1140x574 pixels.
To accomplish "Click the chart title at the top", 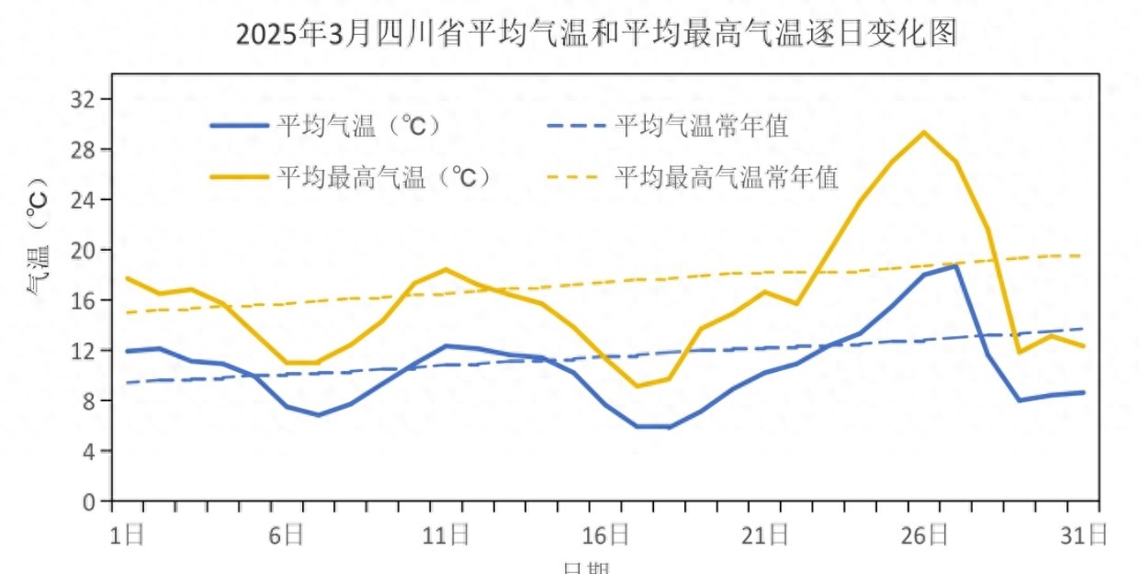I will (x=596, y=34).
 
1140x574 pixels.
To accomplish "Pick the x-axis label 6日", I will (x=287, y=535).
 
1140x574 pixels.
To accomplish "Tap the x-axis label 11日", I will (x=447, y=535).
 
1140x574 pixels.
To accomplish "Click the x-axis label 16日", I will (x=607, y=535).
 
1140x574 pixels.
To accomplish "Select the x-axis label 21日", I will (x=767, y=535).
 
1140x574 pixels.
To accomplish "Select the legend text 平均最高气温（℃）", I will (x=384, y=177).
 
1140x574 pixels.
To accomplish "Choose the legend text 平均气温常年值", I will (x=701, y=127).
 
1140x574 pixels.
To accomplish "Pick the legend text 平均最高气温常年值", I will (x=726, y=177).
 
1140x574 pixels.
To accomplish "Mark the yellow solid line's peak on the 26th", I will (x=924, y=132).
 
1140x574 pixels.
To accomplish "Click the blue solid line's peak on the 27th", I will (x=956, y=265).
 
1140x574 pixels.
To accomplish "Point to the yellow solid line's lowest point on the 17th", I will (x=637, y=386).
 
